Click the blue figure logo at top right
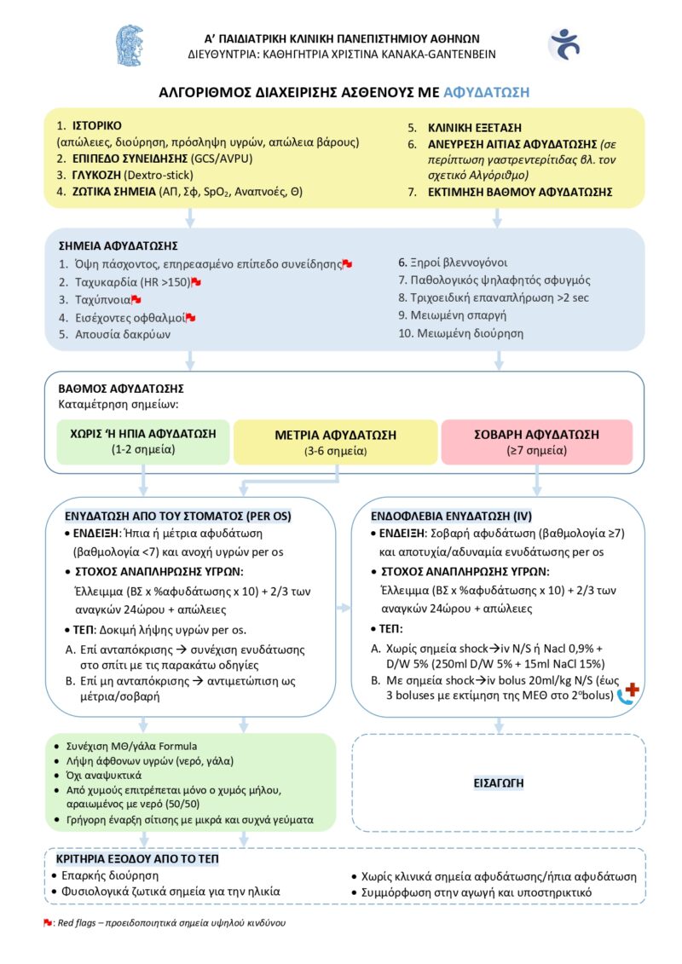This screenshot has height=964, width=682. (564, 44)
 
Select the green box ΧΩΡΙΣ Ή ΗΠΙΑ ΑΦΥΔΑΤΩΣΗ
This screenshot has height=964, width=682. (142, 441)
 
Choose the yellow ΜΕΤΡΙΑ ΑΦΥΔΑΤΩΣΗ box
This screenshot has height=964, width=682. (335, 442)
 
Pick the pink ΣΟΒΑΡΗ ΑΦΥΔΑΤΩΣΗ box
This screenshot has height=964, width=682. (536, 442)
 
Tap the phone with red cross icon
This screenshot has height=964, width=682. (629, 693)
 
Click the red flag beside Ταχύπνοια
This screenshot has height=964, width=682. (136, 299)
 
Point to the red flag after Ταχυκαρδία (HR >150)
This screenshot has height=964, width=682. (196, 281)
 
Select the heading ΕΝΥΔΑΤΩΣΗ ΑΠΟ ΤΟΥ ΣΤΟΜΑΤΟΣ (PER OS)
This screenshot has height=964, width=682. (178, 516)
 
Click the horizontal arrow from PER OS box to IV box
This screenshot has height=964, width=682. (344, 608)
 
